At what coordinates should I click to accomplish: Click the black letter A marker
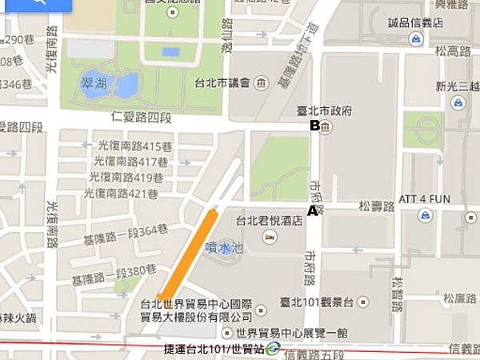[x=313, y=211]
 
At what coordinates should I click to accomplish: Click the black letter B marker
[x=315, y=126]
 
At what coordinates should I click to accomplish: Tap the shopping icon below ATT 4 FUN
[x=425, y=214]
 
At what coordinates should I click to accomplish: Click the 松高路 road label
[x=452, y=51]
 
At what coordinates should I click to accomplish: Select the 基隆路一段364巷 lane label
[x=120, y=230]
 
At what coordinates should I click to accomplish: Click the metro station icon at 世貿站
[x=274, y=348]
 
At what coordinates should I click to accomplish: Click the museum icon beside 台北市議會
[x=262, y=82]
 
